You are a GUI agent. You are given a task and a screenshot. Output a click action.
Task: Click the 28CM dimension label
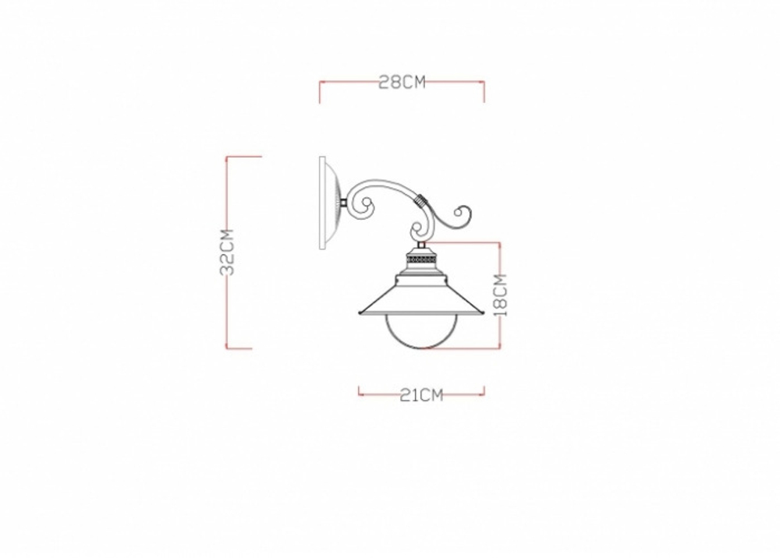coord(402,82)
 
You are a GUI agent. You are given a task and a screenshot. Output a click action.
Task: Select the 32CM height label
coord(227,253)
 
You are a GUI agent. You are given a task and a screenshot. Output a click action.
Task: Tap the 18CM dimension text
coord(502,295)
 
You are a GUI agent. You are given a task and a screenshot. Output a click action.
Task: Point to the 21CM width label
coord(421,395)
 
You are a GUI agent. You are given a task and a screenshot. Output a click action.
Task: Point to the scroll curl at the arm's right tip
coord(463,216)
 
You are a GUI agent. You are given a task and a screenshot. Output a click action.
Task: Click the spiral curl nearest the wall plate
coord(363,204)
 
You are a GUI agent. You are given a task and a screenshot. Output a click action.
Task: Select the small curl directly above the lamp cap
coord(418,231)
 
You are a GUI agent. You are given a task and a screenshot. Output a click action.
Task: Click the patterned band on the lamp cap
coord(421,255)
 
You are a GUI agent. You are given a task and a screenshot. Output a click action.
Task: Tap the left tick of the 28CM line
coord(320,91)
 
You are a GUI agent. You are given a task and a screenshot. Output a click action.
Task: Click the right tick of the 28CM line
coord(484,91)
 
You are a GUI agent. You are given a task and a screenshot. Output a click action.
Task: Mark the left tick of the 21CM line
coord(359,391)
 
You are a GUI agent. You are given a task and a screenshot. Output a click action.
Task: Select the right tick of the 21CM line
coord(484,391)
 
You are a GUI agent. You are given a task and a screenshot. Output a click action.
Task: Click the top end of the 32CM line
coord(227,157)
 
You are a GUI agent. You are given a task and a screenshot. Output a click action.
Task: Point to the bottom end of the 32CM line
coord(227,348)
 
